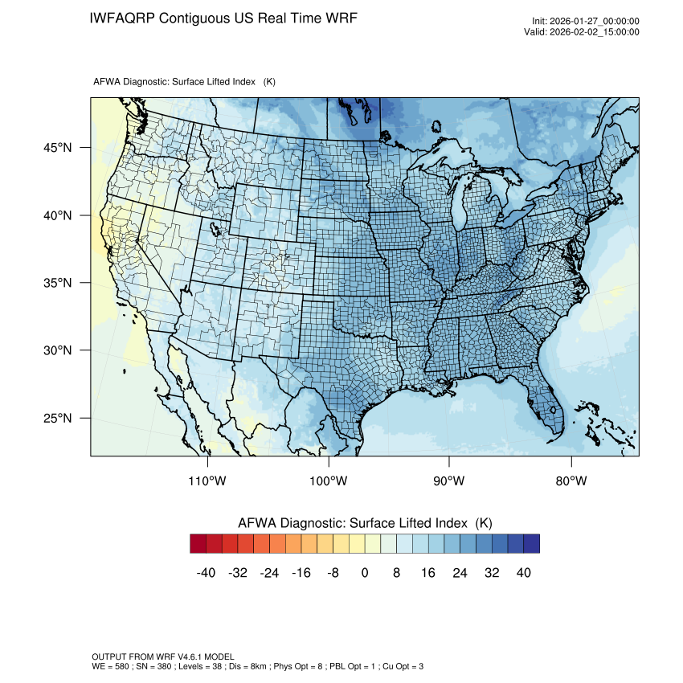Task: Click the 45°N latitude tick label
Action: pos(57,148)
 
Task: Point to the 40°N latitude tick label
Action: pos(57,215)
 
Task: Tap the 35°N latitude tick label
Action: pos(57,283)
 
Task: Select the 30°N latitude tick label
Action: pos(57,350)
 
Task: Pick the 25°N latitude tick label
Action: pos(57,418)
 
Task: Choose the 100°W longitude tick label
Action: pos(329,481)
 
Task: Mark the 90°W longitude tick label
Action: pos(449,481)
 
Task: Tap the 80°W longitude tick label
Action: pos(571,481)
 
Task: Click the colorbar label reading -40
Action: pos(207,572)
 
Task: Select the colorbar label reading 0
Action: pos(365,572)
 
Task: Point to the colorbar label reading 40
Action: pos(524,572)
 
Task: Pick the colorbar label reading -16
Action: pos(301,572)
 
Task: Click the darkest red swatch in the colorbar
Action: pos(198,544)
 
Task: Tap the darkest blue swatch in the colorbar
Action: pos(531,544)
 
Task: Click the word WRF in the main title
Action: pos(338,18)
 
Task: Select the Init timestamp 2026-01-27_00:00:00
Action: pos(594,22)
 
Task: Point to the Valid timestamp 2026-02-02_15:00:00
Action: pos(594,32)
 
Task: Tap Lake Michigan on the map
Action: pos(459,206)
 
